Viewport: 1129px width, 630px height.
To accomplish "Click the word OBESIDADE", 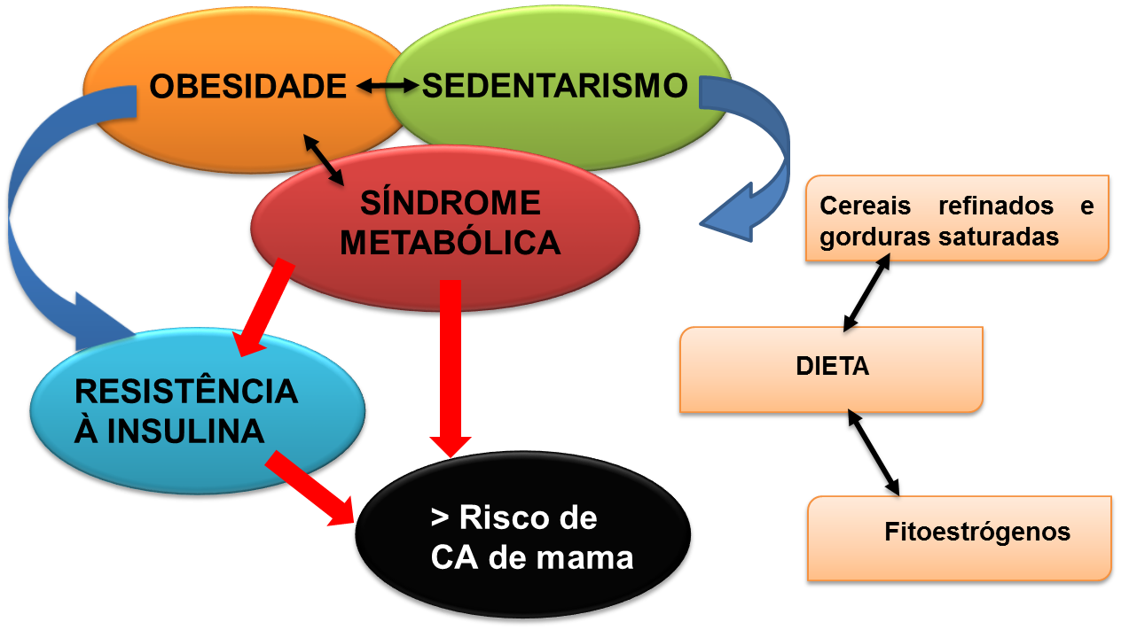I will click(247, 86).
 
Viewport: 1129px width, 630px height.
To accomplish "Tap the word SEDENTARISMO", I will click(555, 86).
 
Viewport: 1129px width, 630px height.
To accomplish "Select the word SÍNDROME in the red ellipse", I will click(450, 205).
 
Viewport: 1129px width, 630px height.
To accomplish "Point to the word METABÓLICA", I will click(451, 242).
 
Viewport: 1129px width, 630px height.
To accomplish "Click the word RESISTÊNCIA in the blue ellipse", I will click(185, 392).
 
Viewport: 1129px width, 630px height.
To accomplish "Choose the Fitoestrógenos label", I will click(977, 533).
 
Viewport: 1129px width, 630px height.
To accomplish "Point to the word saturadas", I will click(1005, 237).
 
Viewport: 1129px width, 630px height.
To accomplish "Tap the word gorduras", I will click(874, 237).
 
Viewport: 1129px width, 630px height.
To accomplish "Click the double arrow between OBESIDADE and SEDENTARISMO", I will click(388, 86).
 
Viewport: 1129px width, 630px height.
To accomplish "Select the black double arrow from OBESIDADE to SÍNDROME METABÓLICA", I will click(324, 159).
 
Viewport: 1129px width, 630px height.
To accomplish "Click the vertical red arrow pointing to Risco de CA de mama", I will click(451, 363).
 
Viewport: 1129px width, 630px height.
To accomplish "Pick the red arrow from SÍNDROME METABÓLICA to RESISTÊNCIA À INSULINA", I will click(263, 306).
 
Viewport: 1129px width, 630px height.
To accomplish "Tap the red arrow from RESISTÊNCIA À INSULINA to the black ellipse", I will click(312, 489).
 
